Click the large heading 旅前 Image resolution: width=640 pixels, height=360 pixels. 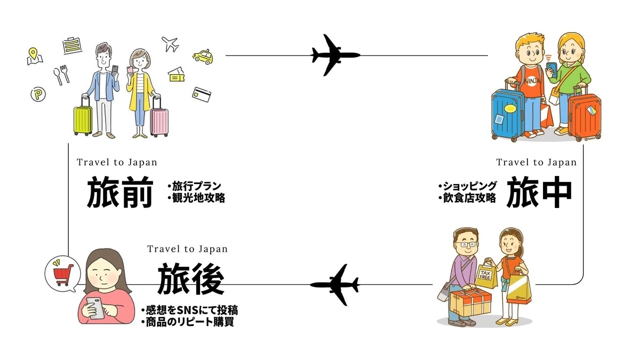coord(120,191)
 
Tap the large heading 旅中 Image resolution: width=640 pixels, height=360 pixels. coord(539,191)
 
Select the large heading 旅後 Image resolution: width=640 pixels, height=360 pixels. coord(191,279)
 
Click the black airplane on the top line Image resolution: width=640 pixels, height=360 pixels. coord(335,55)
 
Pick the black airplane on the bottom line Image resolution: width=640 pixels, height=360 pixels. coord(335,285)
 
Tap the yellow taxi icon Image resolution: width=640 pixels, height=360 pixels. coord(203,57)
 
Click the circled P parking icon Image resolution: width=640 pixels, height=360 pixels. coord(38,94)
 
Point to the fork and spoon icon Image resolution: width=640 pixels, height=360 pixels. coord(62,75)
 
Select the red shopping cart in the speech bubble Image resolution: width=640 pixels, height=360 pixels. coord(63,275)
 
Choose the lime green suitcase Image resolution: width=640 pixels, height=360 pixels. coord(83,118)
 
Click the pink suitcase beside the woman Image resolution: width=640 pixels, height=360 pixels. coord(159,118)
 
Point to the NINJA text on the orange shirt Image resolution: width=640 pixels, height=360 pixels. coord(533,81)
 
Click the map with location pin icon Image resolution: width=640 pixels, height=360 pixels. coord(35,57)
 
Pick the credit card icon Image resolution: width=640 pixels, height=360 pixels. coord(202,94)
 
